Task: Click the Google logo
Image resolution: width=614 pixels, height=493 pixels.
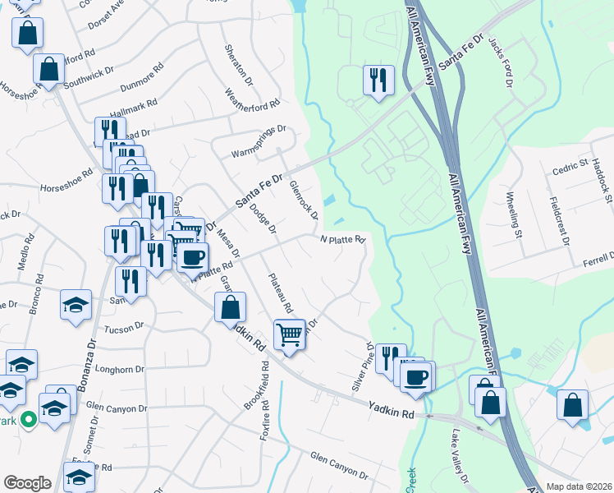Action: pyautogui.click(x=27, y=483)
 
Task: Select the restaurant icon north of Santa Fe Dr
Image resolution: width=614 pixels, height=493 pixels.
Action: pyautogui.click(x=378, y=81)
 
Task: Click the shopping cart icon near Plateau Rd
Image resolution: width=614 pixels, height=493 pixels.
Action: pyautogui.click(x=289, y=334)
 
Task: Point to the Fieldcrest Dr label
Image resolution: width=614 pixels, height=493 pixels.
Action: pyautogui.click(x=560, y=220)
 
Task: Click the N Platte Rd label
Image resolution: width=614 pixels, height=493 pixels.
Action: pyautogui.click(x=341, y=239)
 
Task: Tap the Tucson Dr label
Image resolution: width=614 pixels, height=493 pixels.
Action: pyautogui.click(x=124, y=329)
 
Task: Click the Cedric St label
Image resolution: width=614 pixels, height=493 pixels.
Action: pyautogui.click(x=566, y=171)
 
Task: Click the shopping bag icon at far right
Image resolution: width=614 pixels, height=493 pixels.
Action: pyautogui.click(x=572, y=405)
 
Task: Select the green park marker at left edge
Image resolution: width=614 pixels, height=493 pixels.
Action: pyautogui.click(x=28, y=420)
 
